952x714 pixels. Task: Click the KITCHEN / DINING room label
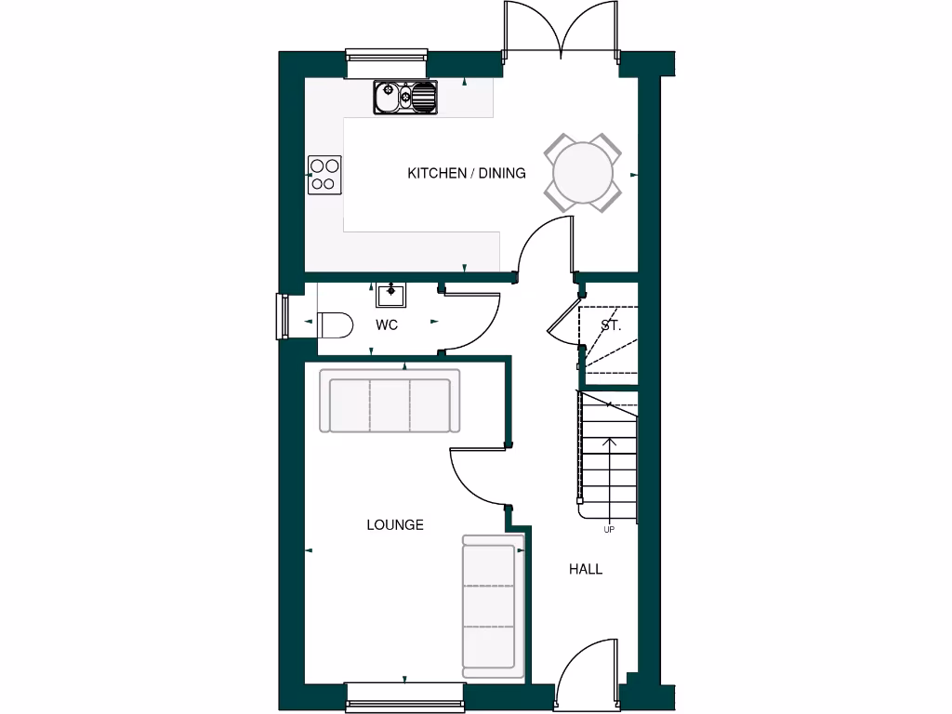(467, 173)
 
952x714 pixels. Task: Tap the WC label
(387, 325)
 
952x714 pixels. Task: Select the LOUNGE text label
(395, 525)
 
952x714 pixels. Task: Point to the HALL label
(586, 569)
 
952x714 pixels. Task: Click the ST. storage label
(611, 326)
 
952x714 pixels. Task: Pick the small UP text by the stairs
(609, 530)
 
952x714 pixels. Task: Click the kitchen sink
(405, 97)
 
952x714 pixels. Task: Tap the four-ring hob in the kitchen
(324, 175)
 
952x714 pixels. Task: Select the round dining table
(583, 173)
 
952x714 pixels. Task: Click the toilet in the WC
(335, 324)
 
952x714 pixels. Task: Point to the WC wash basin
(391, 294)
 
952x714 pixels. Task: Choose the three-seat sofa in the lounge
(390, 401)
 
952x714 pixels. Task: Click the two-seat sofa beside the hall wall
(489, 607)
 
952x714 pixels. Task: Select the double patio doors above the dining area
(561, 30)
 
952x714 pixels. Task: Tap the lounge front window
(404, 696)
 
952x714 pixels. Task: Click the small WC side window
(283, 316)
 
